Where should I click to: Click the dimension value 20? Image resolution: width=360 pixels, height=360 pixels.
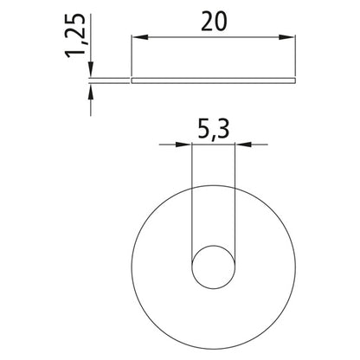click(214, 22)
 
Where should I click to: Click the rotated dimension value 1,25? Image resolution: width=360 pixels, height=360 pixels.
click(75, 35)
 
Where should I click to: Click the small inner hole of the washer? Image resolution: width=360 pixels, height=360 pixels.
click(214, 267)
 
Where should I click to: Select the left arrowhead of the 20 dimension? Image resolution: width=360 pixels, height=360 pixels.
click(139, 37)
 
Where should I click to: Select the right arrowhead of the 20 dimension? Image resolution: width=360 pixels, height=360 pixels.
click(287, 37)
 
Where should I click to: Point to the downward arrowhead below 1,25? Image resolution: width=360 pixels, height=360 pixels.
click(91, 69)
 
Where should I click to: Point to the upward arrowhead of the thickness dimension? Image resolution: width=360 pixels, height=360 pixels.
click(91, 92)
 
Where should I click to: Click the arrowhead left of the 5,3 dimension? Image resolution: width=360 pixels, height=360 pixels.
click(183, 145)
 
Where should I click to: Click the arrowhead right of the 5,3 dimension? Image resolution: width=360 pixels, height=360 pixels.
click(244, 145)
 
